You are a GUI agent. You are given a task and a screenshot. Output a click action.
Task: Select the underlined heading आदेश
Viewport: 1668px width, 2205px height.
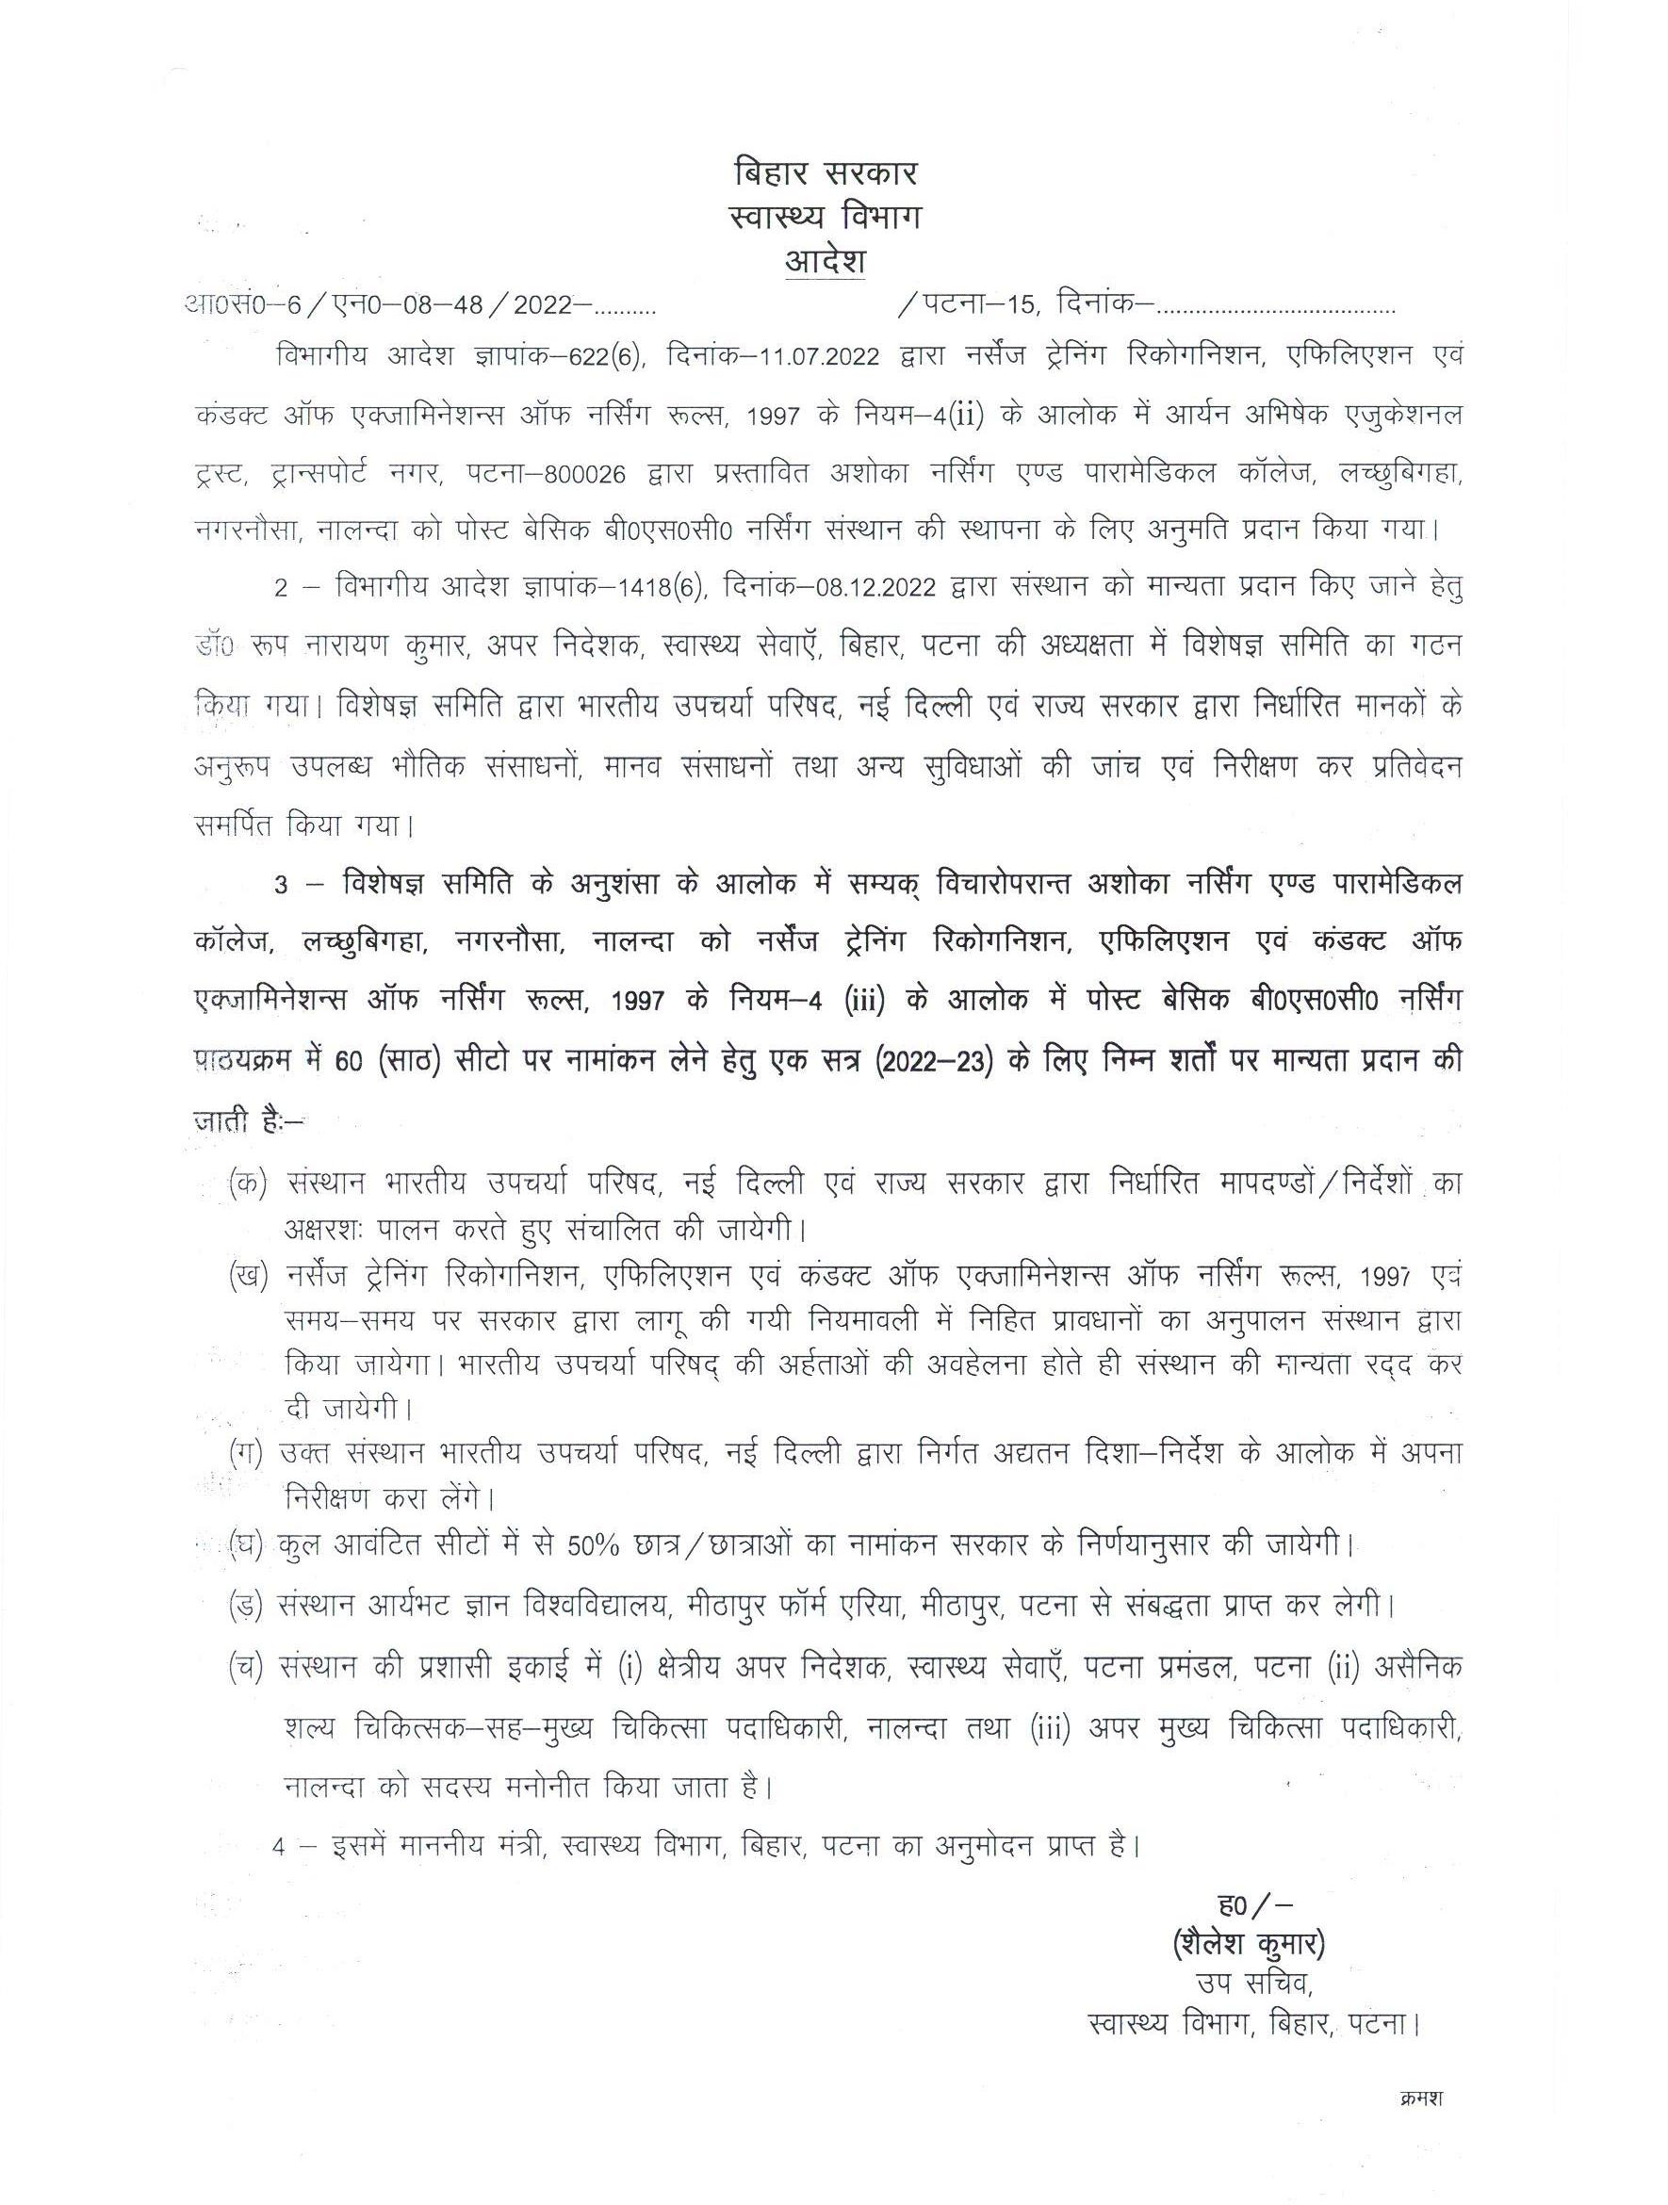click(825, 262)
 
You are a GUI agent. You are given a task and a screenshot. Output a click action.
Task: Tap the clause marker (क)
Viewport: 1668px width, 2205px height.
click(247, 1183)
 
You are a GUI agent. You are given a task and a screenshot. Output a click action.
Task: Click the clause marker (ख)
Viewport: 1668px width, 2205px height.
click(247, 1278)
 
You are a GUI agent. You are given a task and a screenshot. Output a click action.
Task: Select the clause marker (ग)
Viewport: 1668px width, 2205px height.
click(246, 1454)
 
